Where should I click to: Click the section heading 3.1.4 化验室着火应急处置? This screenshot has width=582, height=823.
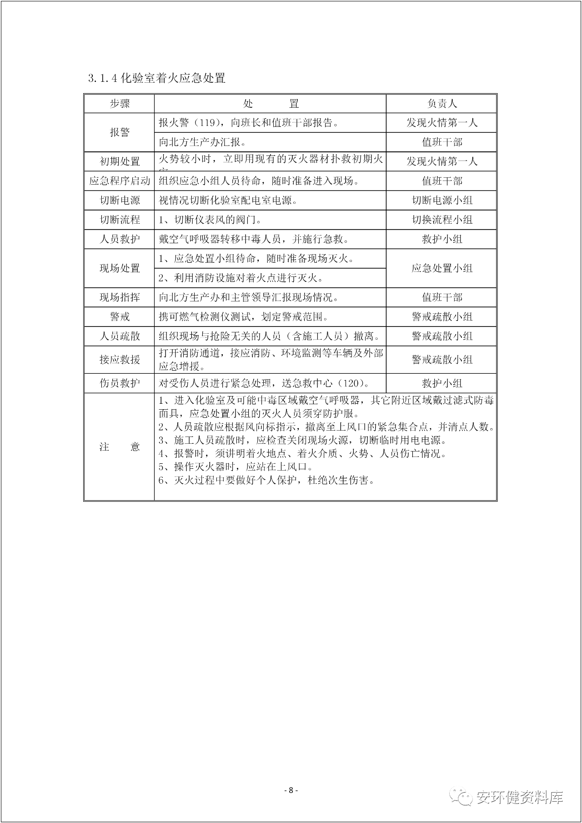click(157, 78)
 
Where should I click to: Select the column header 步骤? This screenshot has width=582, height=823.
click(120, 104)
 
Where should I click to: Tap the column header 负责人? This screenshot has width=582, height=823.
click(442, 104)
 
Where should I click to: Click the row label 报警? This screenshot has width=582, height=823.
click(120, 132)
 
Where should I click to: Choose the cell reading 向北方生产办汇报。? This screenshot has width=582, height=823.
click(203, 142)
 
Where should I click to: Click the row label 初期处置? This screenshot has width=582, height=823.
click(120, 161)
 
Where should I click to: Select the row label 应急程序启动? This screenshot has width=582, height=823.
click(120, 181)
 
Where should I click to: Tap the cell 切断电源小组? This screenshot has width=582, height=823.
click(442, 201)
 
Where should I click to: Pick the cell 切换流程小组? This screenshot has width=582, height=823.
click(442, 220)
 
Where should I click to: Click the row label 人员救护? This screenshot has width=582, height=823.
click(120, 239)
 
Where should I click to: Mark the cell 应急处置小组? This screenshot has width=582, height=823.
click(442, 268)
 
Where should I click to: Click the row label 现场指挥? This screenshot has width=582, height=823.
click(120, 297)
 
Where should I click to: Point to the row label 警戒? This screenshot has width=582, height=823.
click(120, 317)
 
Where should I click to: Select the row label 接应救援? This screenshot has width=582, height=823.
click(120, 360)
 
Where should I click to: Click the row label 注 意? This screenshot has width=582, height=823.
click(120, 447)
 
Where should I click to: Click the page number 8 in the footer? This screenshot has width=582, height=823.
click(291, 790)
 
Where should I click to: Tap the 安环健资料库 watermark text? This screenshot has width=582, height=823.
click(520, 798)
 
